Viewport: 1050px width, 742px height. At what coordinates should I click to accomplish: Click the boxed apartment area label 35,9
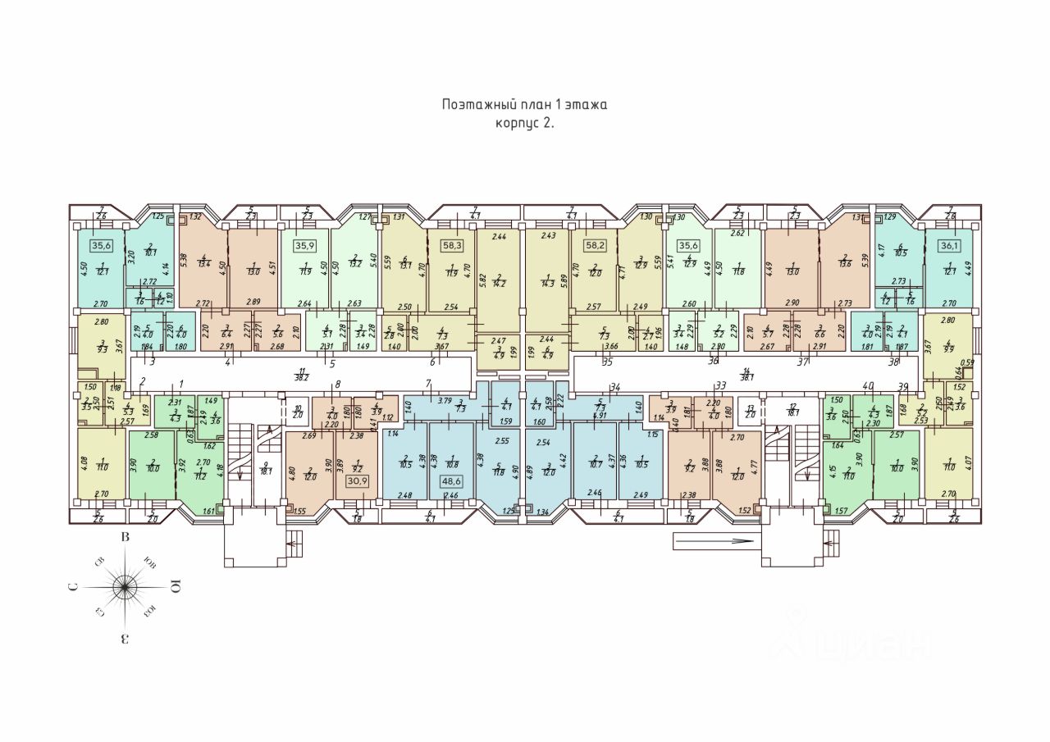pos(306,244)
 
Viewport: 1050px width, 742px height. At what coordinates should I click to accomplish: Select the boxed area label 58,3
pos(450,244)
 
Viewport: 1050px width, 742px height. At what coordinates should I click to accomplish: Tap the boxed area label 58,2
pos(595,244)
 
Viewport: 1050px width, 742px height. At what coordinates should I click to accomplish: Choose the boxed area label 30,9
pos(358,481)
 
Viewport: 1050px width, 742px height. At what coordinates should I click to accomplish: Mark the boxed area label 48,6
pos(450,481)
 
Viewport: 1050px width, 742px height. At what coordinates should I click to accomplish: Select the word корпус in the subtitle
pos(518,123)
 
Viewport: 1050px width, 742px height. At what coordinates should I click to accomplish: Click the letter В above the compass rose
pos(126,538)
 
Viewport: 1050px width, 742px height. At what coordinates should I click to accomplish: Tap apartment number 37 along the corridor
pos(802,362)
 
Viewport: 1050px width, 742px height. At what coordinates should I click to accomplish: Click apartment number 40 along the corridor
pos(867,385)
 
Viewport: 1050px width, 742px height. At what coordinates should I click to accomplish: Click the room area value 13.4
pos(205,263)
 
